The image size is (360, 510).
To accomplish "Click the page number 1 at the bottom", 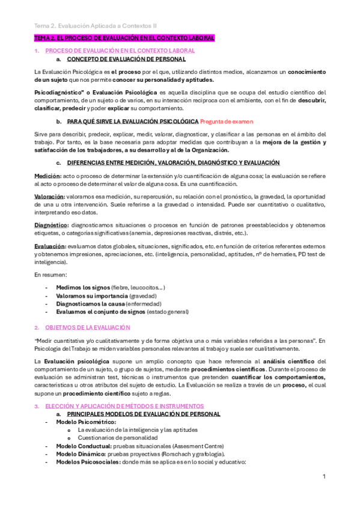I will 324,476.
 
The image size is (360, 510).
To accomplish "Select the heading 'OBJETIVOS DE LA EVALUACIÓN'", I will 88,327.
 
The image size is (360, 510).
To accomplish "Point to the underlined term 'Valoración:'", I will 49,197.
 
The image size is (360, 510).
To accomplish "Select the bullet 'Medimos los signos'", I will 82,288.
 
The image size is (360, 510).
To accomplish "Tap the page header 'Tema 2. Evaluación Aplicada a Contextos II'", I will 96,26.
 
